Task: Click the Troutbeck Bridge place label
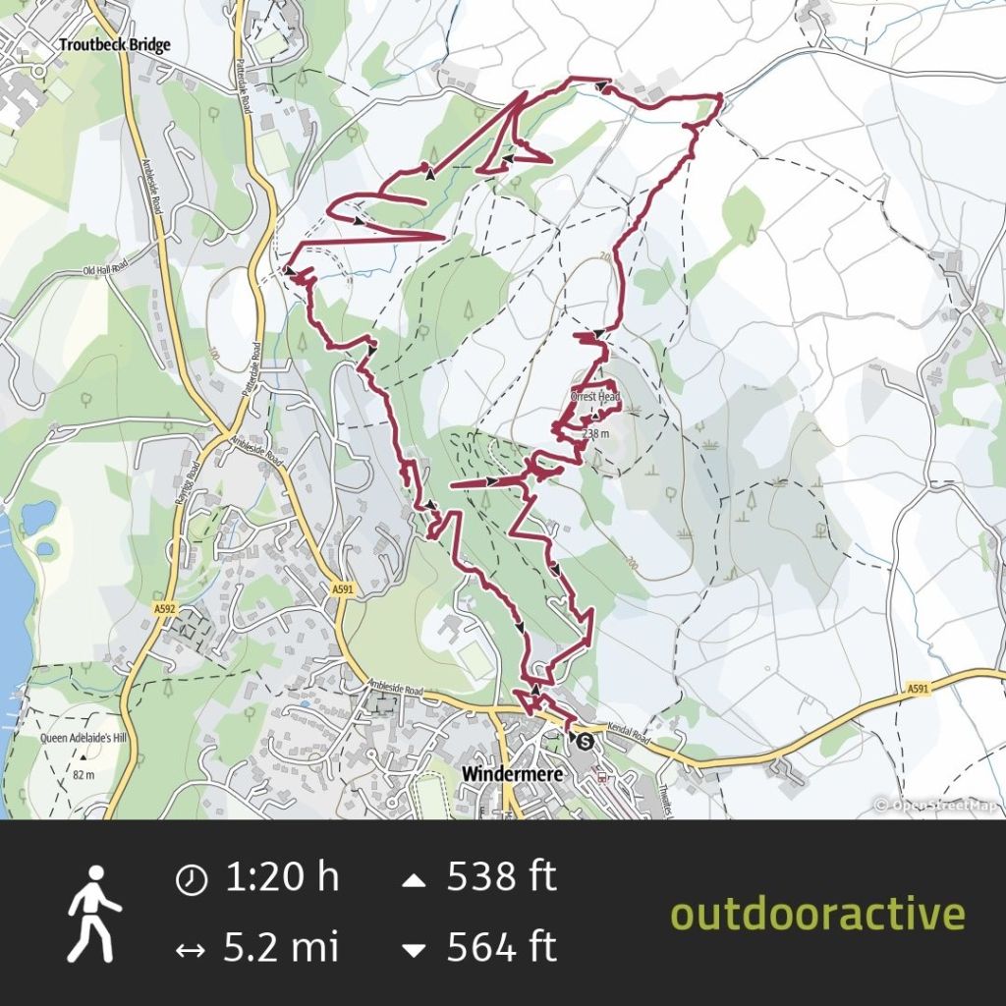tap(114, 44)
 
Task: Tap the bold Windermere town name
tap(511, 774)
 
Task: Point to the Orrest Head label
tap(595, 397)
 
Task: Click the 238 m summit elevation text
tap(595, 433)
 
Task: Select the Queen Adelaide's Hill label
tap(82, 739)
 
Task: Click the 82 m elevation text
tap(83, 775)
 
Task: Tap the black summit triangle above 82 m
tap(83, 757)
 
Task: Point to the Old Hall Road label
tap(105, 268)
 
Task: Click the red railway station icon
tap(601, 775)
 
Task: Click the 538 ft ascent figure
tap(501, 876)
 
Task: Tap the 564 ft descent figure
tap(501, 948)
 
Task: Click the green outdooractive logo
tap(817, 914)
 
